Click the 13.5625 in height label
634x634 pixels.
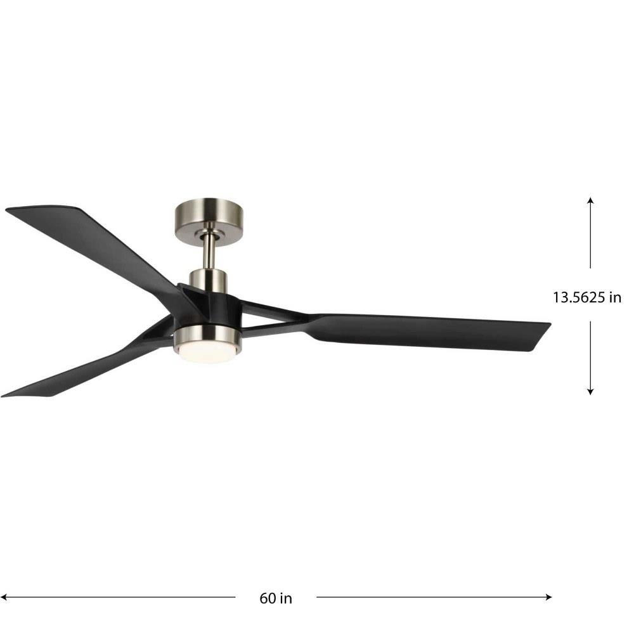586,297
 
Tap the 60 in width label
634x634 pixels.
276,598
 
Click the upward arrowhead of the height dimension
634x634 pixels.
590,200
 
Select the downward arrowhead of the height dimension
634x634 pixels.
590,391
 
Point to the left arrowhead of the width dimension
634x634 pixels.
4,597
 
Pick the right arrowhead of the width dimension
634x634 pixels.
548,597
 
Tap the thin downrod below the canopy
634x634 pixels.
209,252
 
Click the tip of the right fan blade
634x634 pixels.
550,323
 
